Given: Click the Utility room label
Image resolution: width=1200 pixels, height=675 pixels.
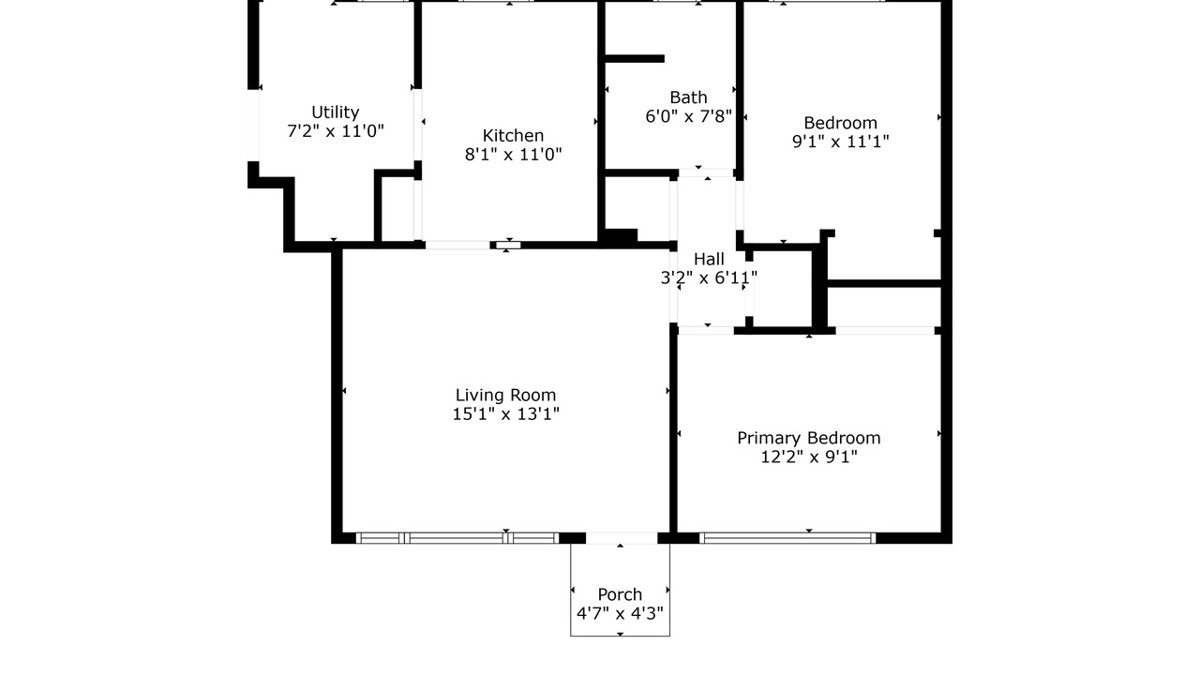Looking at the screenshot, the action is [x=336, y=112].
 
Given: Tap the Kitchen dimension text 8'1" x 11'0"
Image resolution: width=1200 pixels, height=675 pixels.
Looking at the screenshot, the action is [x=513, y=155].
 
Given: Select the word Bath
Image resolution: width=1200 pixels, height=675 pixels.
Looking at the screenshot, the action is [x=688, y=97].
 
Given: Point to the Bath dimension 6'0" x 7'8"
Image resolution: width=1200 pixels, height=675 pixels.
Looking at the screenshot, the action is [x=688, y=116].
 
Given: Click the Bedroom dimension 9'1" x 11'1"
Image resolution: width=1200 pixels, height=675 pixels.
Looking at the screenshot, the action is [x=841, y=142].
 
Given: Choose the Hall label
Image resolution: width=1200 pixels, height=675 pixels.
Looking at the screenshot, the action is [x=709, y=260].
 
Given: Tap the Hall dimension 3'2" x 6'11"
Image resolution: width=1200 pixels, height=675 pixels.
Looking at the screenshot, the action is [x=709, y=278].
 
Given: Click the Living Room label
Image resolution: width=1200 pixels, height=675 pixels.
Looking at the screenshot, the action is [x=505, y=396].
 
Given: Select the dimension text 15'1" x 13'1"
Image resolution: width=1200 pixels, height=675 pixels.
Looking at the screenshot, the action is [x=505, y=414].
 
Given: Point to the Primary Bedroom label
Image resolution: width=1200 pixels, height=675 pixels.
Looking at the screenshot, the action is [x=809, y=438].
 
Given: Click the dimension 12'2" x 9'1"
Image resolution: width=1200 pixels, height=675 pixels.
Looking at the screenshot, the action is [x=809, y=457].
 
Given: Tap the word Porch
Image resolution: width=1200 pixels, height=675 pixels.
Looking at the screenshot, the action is [x=620, y=594].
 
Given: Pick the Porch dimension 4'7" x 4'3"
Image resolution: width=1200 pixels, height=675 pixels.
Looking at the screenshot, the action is [x=620, y=613].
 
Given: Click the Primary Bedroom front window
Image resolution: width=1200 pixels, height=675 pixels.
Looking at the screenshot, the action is [x=787, y=538].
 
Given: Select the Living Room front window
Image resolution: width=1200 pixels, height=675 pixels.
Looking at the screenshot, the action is [x=457, y=538].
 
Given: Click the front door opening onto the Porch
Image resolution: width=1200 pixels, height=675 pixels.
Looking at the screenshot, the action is [x=622, y=538].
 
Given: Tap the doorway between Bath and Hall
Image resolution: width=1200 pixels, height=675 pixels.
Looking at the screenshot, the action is [x=706, y=173].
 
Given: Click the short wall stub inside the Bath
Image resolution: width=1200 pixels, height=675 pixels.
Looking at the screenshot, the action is [x=635, y=59].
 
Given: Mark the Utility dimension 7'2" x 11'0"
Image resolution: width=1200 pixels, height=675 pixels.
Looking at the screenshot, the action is [x=336, y=131].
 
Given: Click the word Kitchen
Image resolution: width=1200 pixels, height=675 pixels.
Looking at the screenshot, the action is [x=513, y=136].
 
